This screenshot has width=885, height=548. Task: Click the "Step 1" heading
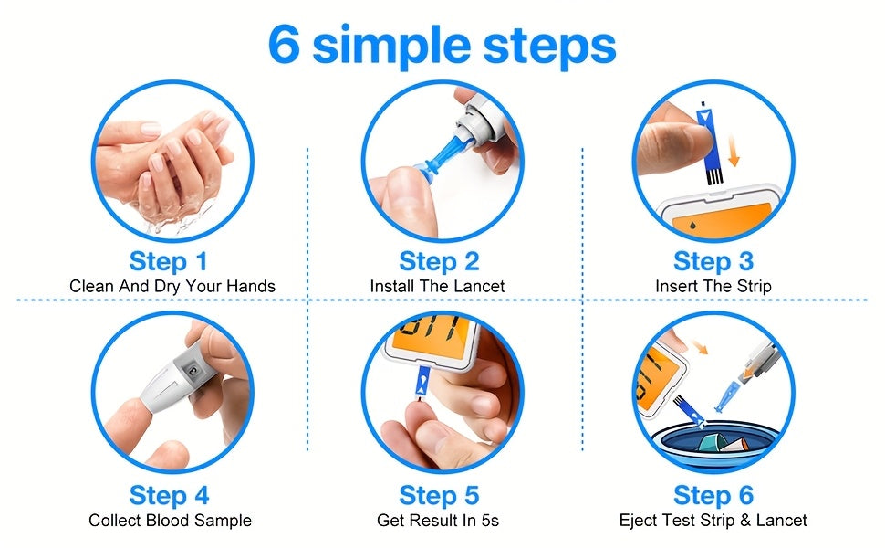pyautogui.click(x=169, y=261)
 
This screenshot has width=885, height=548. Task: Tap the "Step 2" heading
pyautogui.click(x=439, y=261)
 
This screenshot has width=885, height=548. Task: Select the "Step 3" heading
pyautogui.click(x=713, y=261)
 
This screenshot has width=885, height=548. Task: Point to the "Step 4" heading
pyautogui.click(x=170, y=495)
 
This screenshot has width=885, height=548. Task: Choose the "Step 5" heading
pyautogui.click(x=439, y=495)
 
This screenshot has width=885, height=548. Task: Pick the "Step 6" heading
pyautogui.click(x=713, y=495)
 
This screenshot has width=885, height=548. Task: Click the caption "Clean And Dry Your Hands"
pyautogui.click(x=172, y=287)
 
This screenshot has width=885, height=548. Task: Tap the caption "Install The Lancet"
pyautogui.click(x=437, y=287)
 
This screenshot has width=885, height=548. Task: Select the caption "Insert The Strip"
pyautogui.click(x=713, y=287)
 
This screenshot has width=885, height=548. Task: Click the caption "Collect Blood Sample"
pyautogui.click(x=170, y=521)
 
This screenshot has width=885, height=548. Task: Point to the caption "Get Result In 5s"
pyautogui.click(x=438, y=521)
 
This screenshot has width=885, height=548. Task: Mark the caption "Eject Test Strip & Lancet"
pyautogui.click(x=713, y=521)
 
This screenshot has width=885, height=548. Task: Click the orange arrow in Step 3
pyautogui.click(x=733, y=151)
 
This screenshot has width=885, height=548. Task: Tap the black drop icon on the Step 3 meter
pyautogui.click(x=692, y=226)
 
